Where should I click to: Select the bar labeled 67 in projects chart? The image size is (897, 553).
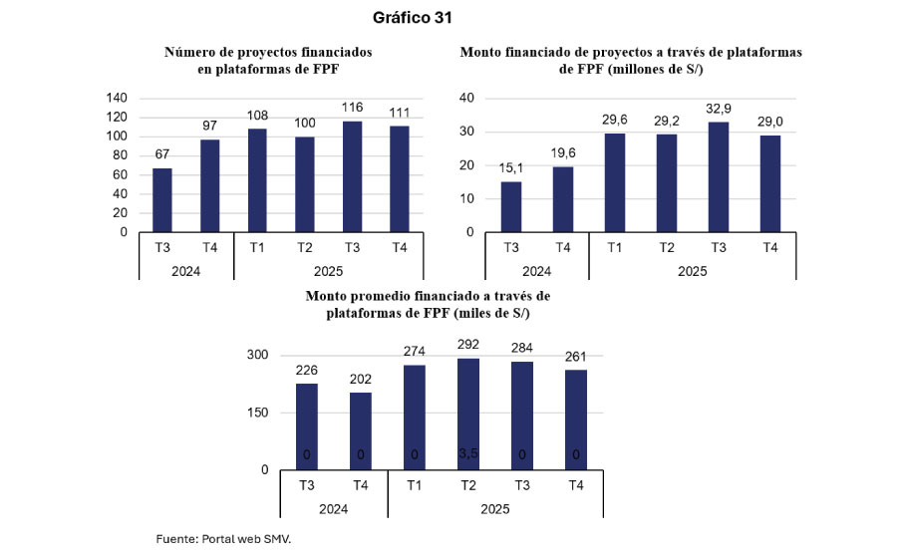point(161,199)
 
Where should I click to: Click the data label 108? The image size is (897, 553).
point(256,116)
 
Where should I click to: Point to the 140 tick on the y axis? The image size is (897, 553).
point(117,98)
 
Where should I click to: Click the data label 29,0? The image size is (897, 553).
point(769,119)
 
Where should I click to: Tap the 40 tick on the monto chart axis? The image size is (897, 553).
point(465,98)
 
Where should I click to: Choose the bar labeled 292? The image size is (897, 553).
point(466,414)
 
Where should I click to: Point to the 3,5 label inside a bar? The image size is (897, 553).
point(466,455)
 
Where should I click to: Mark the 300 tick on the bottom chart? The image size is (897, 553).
point(258,356)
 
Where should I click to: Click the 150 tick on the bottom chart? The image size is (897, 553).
point(258,413)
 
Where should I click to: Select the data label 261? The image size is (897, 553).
point(575,355)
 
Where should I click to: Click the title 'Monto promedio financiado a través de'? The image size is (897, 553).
point(428,296)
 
